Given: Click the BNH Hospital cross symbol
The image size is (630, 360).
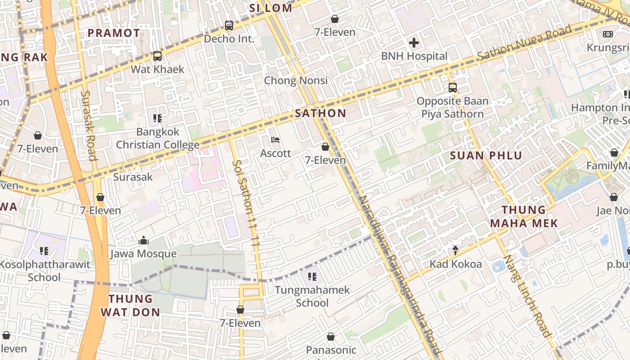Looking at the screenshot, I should click(x=414, y=43).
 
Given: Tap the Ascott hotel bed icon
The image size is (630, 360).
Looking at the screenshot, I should click(x=275, y=140).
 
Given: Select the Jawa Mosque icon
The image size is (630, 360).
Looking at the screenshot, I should click(x=144, y=240).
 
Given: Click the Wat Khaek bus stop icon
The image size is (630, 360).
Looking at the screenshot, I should click(x=157, y=56).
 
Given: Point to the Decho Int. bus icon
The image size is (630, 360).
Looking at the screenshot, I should click(x=229, y=26).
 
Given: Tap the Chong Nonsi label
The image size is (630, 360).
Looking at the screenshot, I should click(x=296, y=81).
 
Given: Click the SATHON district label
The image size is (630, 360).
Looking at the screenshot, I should click(x=320, y=113).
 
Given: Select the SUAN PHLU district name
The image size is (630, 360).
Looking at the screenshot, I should click(x=486, y=156).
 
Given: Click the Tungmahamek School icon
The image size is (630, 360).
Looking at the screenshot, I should click(x=312, y=276).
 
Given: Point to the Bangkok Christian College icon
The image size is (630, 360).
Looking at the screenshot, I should click(x=157, y=118).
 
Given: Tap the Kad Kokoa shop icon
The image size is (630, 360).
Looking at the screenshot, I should click(x=455, y=250).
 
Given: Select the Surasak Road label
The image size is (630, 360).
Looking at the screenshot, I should click(x=89, y=126).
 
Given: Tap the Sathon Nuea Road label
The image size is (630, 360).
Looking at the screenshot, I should click(x=524, y=43).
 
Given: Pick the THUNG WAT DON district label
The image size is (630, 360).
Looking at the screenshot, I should click(x=130, y=306).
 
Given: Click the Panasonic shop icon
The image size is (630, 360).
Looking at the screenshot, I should click(x=331, y=337).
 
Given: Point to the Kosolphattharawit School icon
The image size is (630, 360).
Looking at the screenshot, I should click(x=44, y=251).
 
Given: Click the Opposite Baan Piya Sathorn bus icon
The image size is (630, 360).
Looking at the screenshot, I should click(x=452, y=88).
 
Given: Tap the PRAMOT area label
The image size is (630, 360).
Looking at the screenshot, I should click(x=114, y=33).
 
